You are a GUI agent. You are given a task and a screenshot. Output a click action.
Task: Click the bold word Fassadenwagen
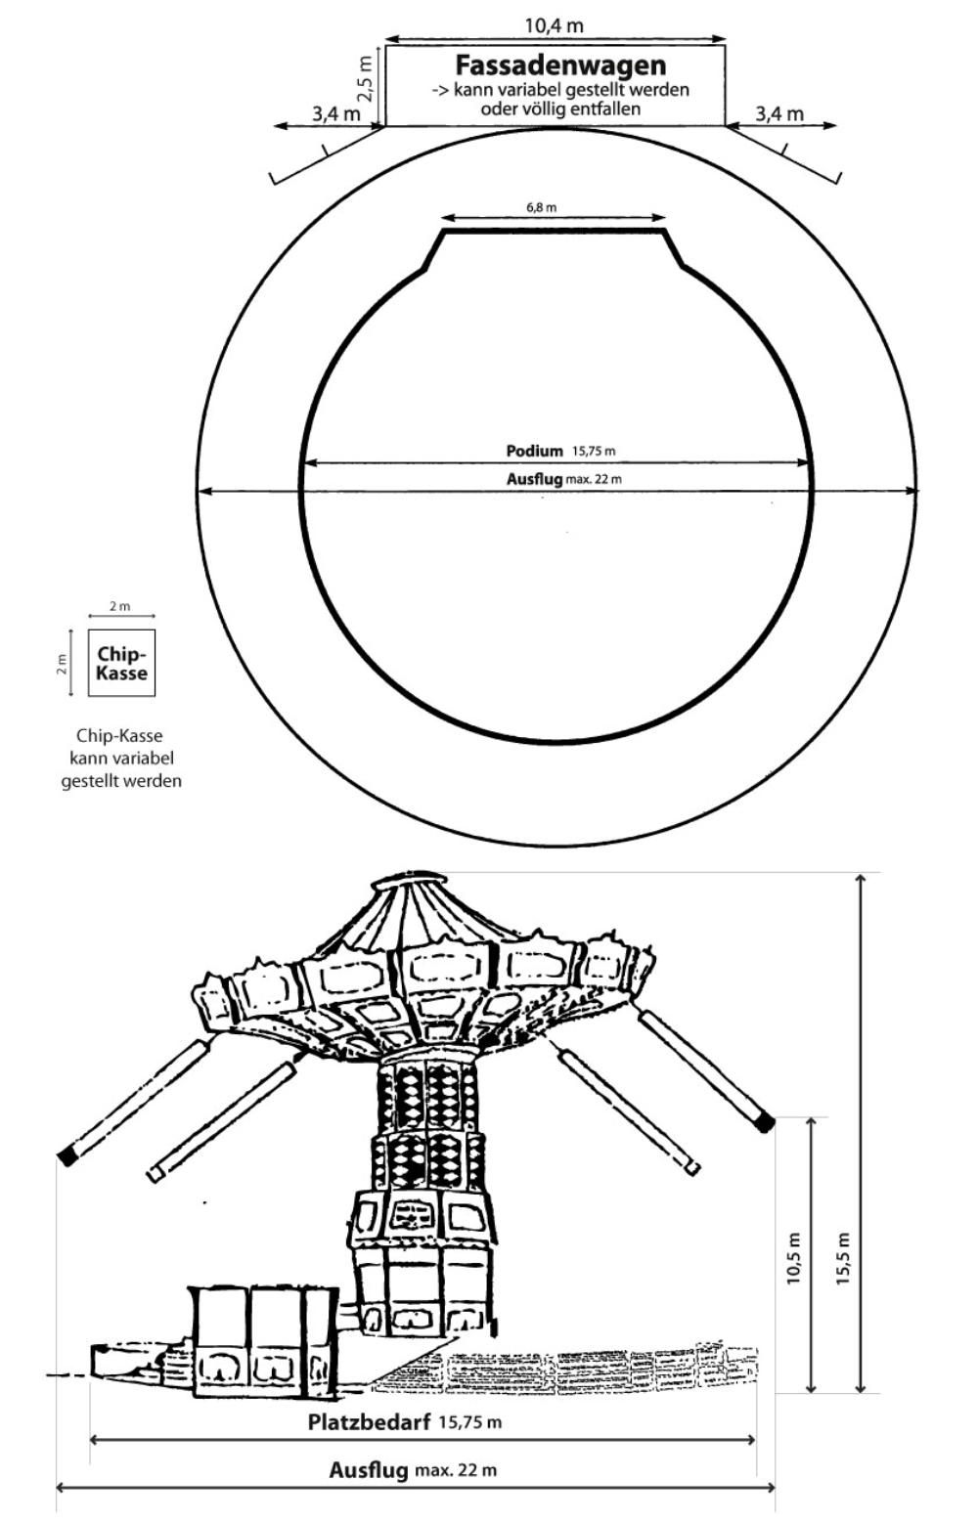pyautogui.click(x=560, y=65)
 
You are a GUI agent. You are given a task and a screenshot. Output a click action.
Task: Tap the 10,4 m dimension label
pyautogui.click(x=555, y=25)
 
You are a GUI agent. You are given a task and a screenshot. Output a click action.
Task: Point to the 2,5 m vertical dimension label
pyautogui.click(x=365, y=78)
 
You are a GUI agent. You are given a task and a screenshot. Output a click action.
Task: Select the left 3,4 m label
pyautogui.click(x=336, y=113)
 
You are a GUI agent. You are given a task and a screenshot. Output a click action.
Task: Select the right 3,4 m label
pyautogui.click(x=779, y=113)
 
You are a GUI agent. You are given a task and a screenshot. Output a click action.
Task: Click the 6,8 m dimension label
pyautogui.click(x=541, y=207)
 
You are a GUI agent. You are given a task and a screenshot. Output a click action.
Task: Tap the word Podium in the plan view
pyautogui.click(x=535, y=451)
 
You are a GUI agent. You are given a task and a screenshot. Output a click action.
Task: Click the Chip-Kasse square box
pyautogui.click(x=121, y=663)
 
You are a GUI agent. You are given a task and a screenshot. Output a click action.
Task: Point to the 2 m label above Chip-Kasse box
pyautogui.click(x=119, y=606)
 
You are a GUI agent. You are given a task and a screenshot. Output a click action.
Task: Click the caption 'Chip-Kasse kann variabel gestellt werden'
pyautogui.click(x=121, y=759)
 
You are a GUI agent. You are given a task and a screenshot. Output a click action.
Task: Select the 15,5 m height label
pyautogui.click(x=843, y=1258)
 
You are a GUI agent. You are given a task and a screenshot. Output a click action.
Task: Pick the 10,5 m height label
pyautogui.click(x=793, y=1258)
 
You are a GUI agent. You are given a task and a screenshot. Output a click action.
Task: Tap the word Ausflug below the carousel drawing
pyautogui.click(x=369, y=1470)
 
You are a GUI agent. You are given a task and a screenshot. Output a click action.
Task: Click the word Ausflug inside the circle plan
pyautogui.click(x=535, y=479)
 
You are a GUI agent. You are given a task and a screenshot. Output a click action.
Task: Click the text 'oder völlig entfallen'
pyautogui.click(x=560, y=109)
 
